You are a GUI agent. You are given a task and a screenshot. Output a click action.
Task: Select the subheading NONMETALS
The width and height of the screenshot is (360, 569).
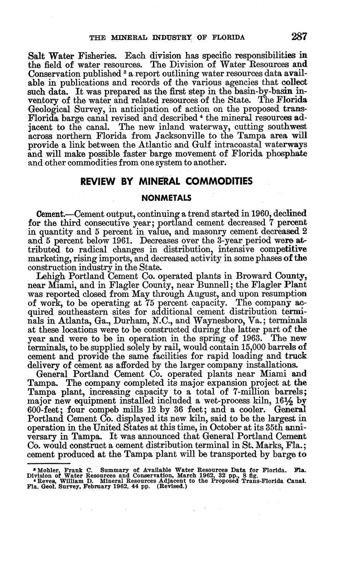click(x=166, y=198)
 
